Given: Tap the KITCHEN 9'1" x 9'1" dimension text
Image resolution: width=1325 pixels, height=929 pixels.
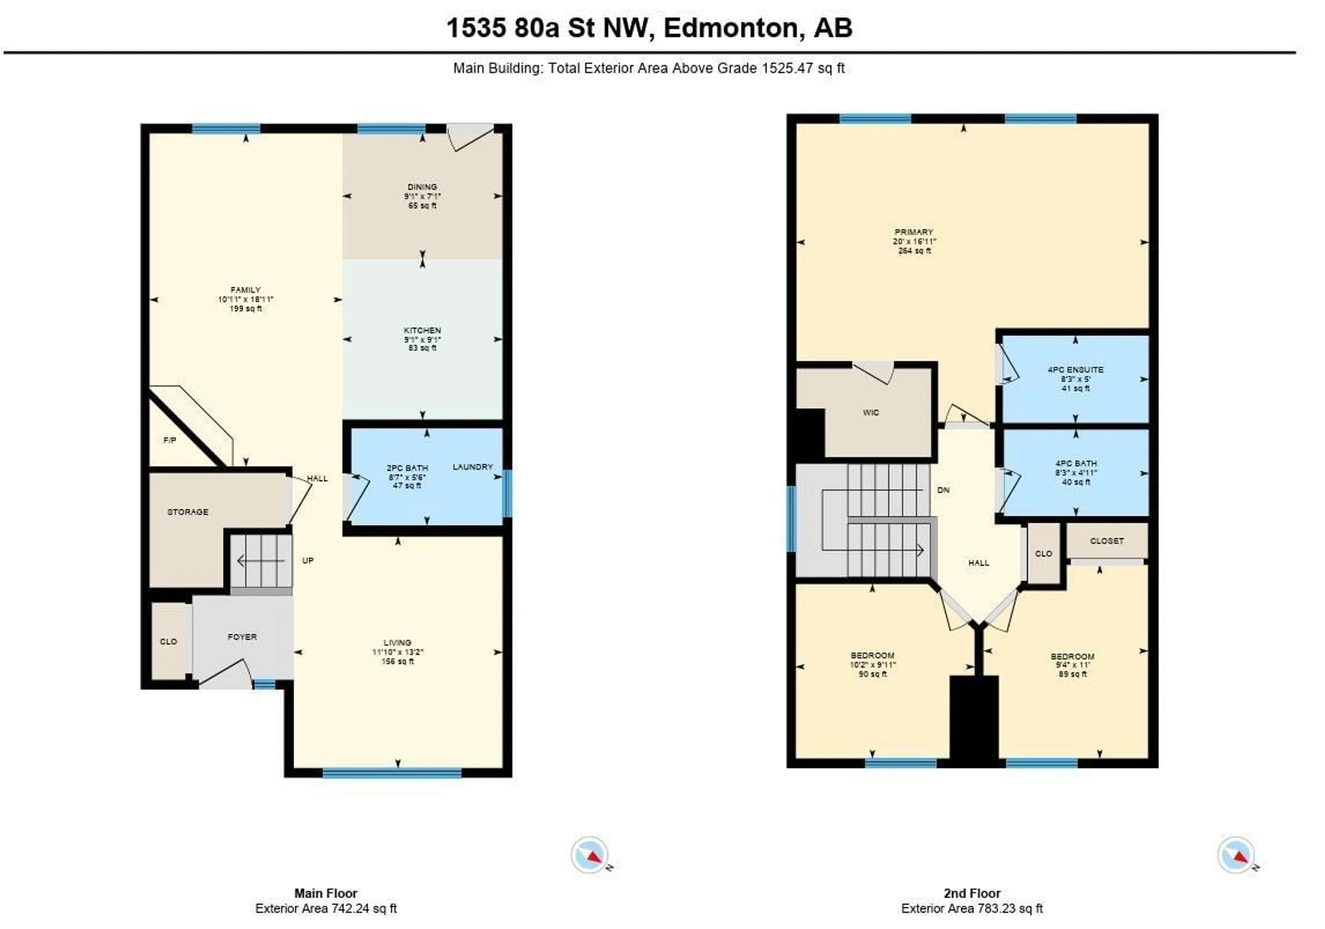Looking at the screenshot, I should pyautogui.click(x=422, y=339).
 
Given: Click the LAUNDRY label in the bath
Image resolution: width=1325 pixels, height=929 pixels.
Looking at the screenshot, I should pyautogui.click(x=473, y=466).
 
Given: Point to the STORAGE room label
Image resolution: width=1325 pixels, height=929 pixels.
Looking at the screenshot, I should pyautogui.click(x=188, y=512).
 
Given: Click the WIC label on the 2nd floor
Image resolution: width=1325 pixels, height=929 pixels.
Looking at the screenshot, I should pyautogui.click(x=871, y=412).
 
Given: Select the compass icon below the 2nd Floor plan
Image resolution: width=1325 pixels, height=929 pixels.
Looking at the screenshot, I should pyautogui.click(x=1236, y=854).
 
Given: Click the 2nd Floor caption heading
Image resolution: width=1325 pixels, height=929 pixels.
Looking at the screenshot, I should pyautogui.click(x=972, y=893).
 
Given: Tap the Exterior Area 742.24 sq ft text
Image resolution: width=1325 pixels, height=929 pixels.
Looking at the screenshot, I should pyautogui.click(x=326, y=908).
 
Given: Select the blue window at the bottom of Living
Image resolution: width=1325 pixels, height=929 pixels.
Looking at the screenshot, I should pyautogui.click(x=392, y=773).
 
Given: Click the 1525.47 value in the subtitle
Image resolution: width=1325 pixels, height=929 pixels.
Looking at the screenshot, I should pyautogui.click(x=786, y=68).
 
